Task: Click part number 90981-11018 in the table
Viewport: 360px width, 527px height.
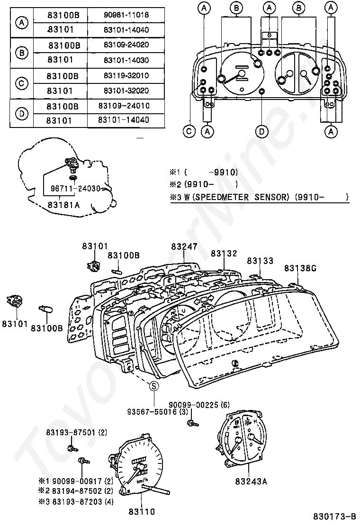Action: [126, 15]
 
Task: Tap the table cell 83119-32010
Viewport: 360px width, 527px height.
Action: [126, 75]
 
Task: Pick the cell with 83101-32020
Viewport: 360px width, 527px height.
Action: [126, 90]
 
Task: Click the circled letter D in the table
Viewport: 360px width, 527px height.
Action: [22, 113]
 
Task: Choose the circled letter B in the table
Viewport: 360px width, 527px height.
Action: [22, 53]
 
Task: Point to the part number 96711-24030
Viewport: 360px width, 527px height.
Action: [76, 188]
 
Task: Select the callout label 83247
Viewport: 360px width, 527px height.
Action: [184, 246]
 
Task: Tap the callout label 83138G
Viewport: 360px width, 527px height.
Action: [300, 268]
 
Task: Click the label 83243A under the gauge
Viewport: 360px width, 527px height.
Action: [251, 482]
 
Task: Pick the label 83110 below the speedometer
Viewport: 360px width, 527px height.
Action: [141, 511]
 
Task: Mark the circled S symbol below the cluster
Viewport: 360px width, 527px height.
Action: [154, 386]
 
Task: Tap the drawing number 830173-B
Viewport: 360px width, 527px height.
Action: [334, 516]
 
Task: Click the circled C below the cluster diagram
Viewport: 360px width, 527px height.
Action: [189, 132]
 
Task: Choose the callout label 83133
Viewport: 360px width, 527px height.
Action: [260, 261]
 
